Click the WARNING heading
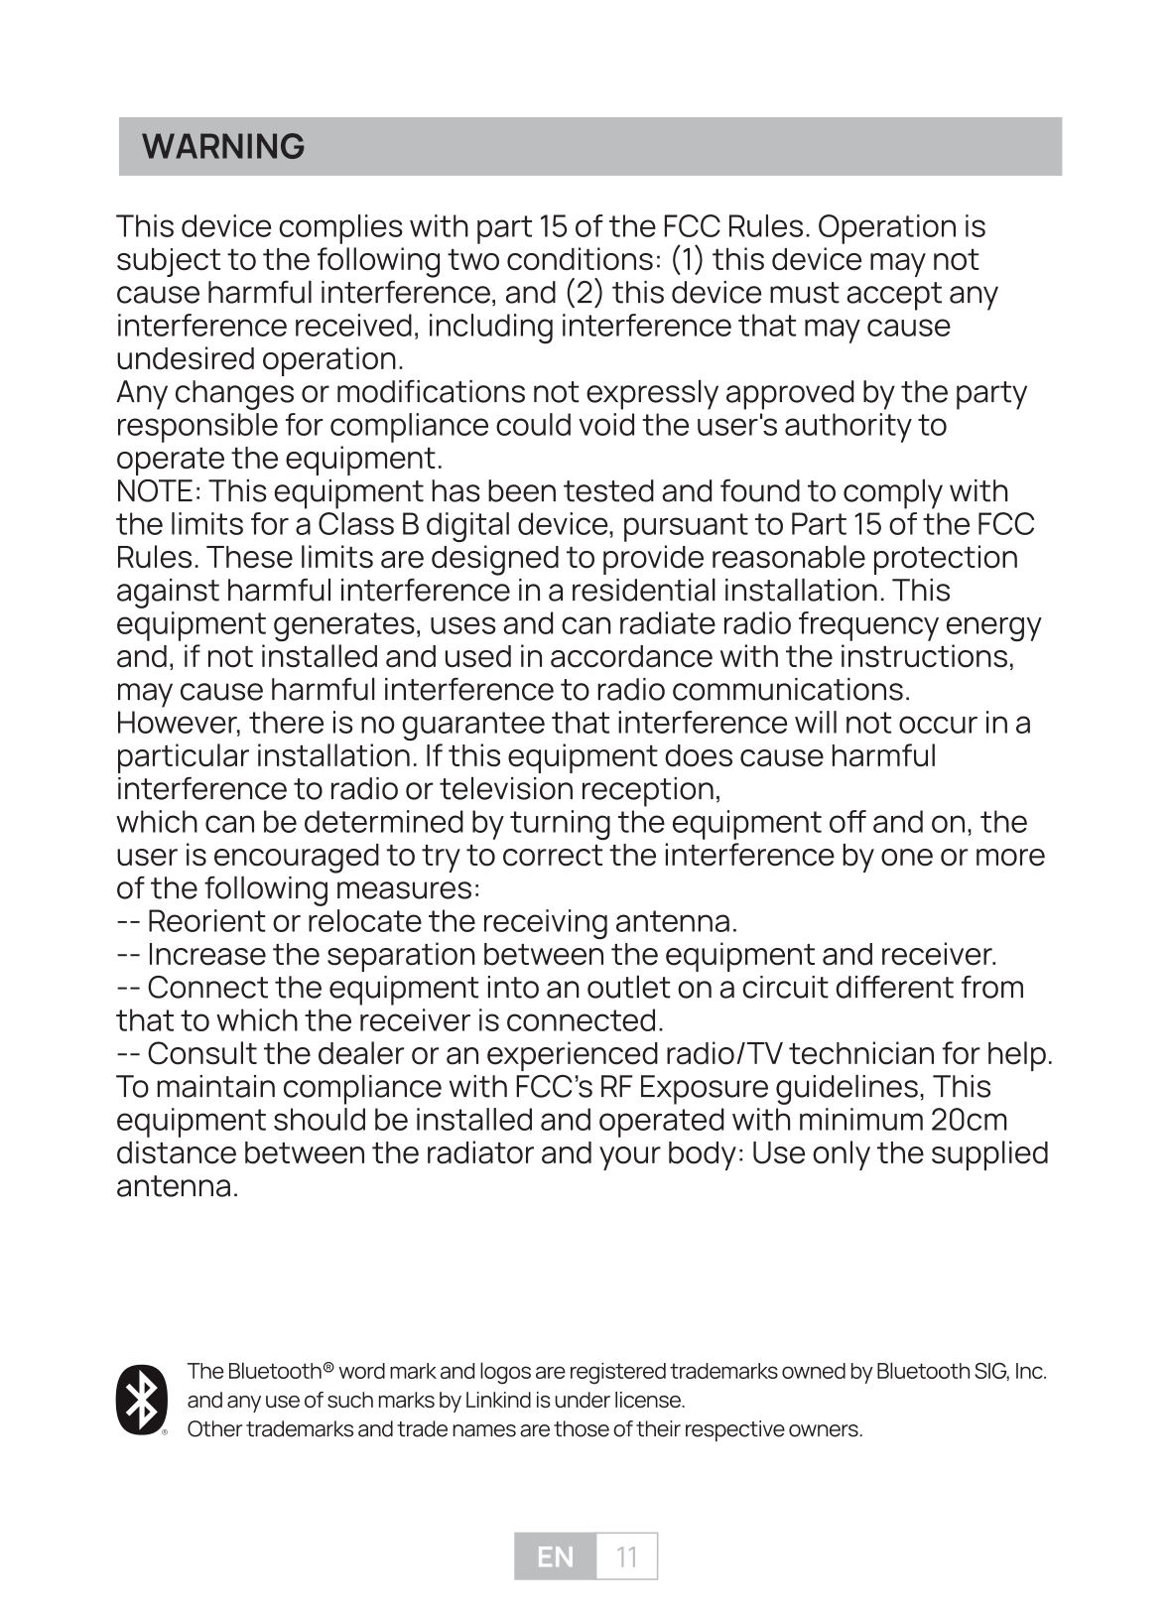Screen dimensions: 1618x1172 (x=223, y=147)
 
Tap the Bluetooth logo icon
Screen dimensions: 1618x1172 (x=141, y=1401)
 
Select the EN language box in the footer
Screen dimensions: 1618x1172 (x=556, y=1556)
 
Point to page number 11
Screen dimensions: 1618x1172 (x=626, y=1556)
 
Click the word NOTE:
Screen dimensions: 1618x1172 (x=160, y=491)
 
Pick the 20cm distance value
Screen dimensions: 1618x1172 (x=970, y=1120)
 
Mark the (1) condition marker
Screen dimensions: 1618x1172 (x=688, y=260)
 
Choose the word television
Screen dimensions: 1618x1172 (x=507, y=789)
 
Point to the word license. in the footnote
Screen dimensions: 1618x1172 (x=650, y=1401)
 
